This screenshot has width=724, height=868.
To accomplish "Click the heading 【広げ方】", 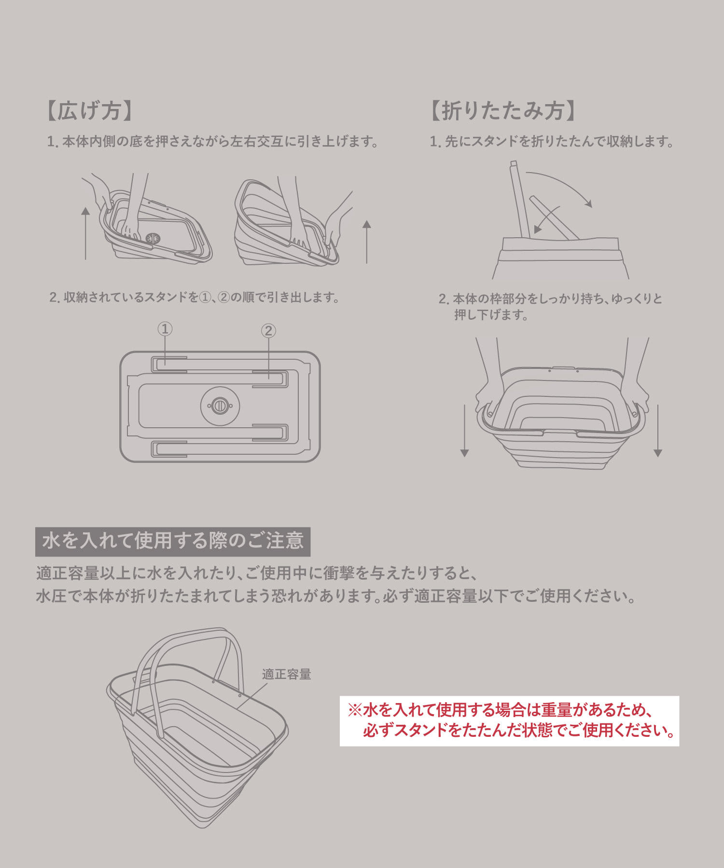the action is coord(90,111).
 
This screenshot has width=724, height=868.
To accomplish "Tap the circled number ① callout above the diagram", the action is coord(165,329).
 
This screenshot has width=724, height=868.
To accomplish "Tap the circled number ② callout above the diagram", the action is coord(268,331).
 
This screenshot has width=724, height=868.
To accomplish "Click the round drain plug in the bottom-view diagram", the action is coord(220,406).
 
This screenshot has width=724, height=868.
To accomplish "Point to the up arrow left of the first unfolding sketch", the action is coord(85,233).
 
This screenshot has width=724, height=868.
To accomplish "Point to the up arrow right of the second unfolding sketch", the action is coord(367,242).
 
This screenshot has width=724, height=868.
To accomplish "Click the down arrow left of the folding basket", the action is coord(464,431).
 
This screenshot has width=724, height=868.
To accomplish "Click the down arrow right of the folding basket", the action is coord(657,431).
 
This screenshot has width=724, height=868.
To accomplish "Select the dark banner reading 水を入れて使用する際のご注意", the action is coord(173,542).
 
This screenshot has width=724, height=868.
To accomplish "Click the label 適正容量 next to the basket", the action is coord(287,674).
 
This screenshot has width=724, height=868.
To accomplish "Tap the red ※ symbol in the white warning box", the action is coord(355,710).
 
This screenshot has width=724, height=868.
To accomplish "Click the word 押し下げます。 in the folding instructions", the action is coord(491,315).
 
